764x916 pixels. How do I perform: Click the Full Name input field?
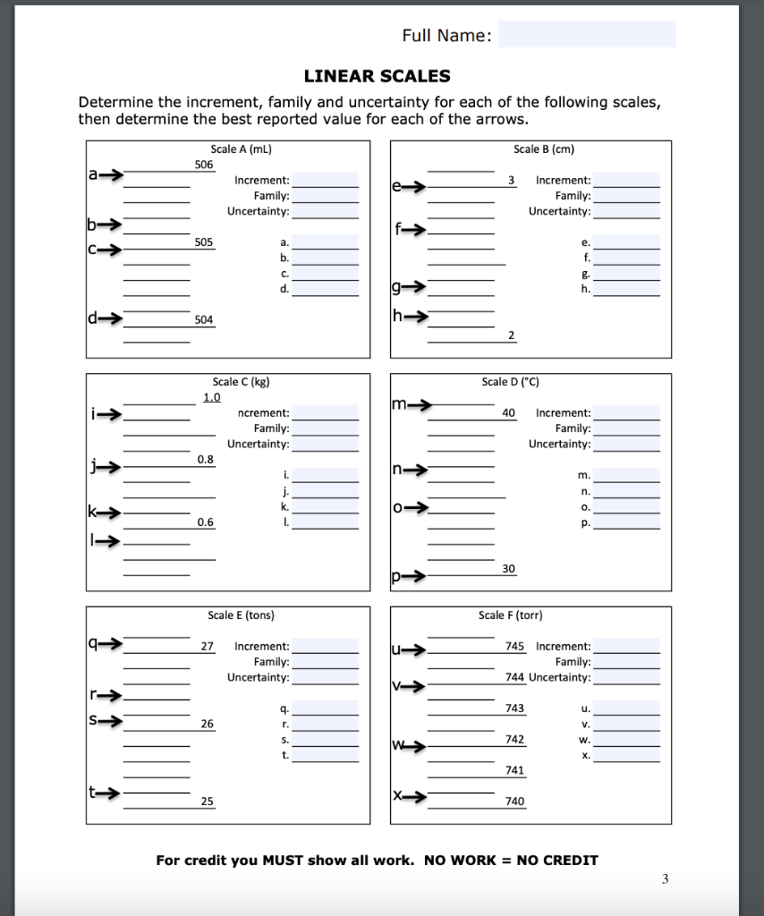click(x=587, y=35)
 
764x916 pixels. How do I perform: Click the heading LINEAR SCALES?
click(x=377, y=76)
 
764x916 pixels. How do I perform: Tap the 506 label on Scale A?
click(x=204, y=164)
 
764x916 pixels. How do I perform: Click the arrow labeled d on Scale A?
click(x=106, y=318)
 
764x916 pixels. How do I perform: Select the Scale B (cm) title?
click(x=537, y=148)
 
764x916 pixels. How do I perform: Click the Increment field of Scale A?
click(x=326, y=180)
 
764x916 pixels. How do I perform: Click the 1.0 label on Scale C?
click(x=211, y=397)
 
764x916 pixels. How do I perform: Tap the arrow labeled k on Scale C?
click(x=105, y=513)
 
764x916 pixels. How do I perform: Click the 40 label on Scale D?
click(x=509, y=412)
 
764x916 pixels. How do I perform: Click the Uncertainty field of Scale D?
click(x=627, y=444)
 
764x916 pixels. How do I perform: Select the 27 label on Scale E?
click(x=207, y=645)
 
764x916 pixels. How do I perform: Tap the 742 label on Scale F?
click(x=514, y=739)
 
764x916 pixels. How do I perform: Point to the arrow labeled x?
click(x=411, y=795)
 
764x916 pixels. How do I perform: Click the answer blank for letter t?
click(x=326, y=755)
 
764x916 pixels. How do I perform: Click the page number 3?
click(x=665, y=879)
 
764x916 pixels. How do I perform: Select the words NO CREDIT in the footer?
click(x=557, y=861)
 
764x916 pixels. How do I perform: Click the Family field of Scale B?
click(x=627, y=196)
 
